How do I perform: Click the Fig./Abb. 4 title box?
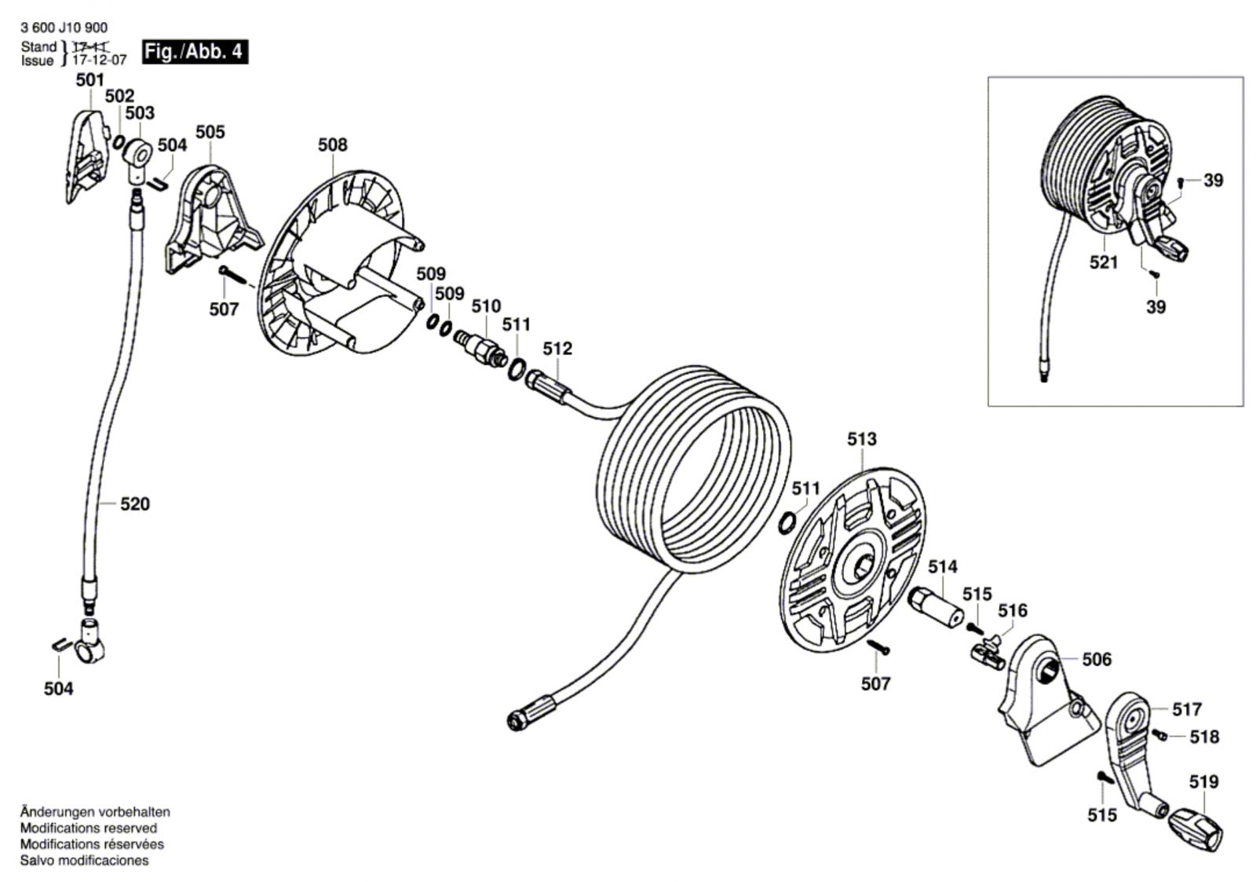pyautogui.click(x=195, y=52)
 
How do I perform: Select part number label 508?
pyautogui.click(x=333, y=145)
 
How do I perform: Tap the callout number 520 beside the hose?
pyautogui.click(x=135, y=504)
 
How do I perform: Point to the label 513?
pyautogui.click(x=862, y=439)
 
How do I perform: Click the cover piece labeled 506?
pyautogui.click(x=1044, y=701)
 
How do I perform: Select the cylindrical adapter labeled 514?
pyautogui.click(x=939, y=609)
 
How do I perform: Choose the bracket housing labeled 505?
pyautogui.click(x=212, y=221)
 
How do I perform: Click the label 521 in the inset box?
pyautogui.click(x=1104, y=262)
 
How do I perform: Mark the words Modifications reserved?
pyautogui.click(x=89, y=828)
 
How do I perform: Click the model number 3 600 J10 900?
pyautogui.click(x=64, y=27)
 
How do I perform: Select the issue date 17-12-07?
pyautogui.click(x=100, y=60)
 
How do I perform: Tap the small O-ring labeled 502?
pyautogui.click(x=119, y=142)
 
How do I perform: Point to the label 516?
pyautogui.click(x=1013, y=610)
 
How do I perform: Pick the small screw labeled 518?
pyautogui.click(x=1159, y=734)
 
